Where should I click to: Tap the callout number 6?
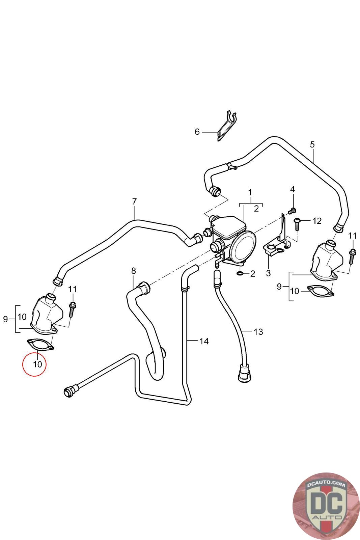click(197, 132)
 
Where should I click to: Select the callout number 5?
click(312, 145)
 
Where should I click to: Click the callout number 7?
click(134, 202)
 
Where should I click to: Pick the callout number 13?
click(258, 332)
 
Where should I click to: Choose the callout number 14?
click(204, 341)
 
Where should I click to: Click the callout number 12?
click(317, 221)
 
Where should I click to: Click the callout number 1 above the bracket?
click(250, 192)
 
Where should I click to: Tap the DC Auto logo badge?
click(325, 505)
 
